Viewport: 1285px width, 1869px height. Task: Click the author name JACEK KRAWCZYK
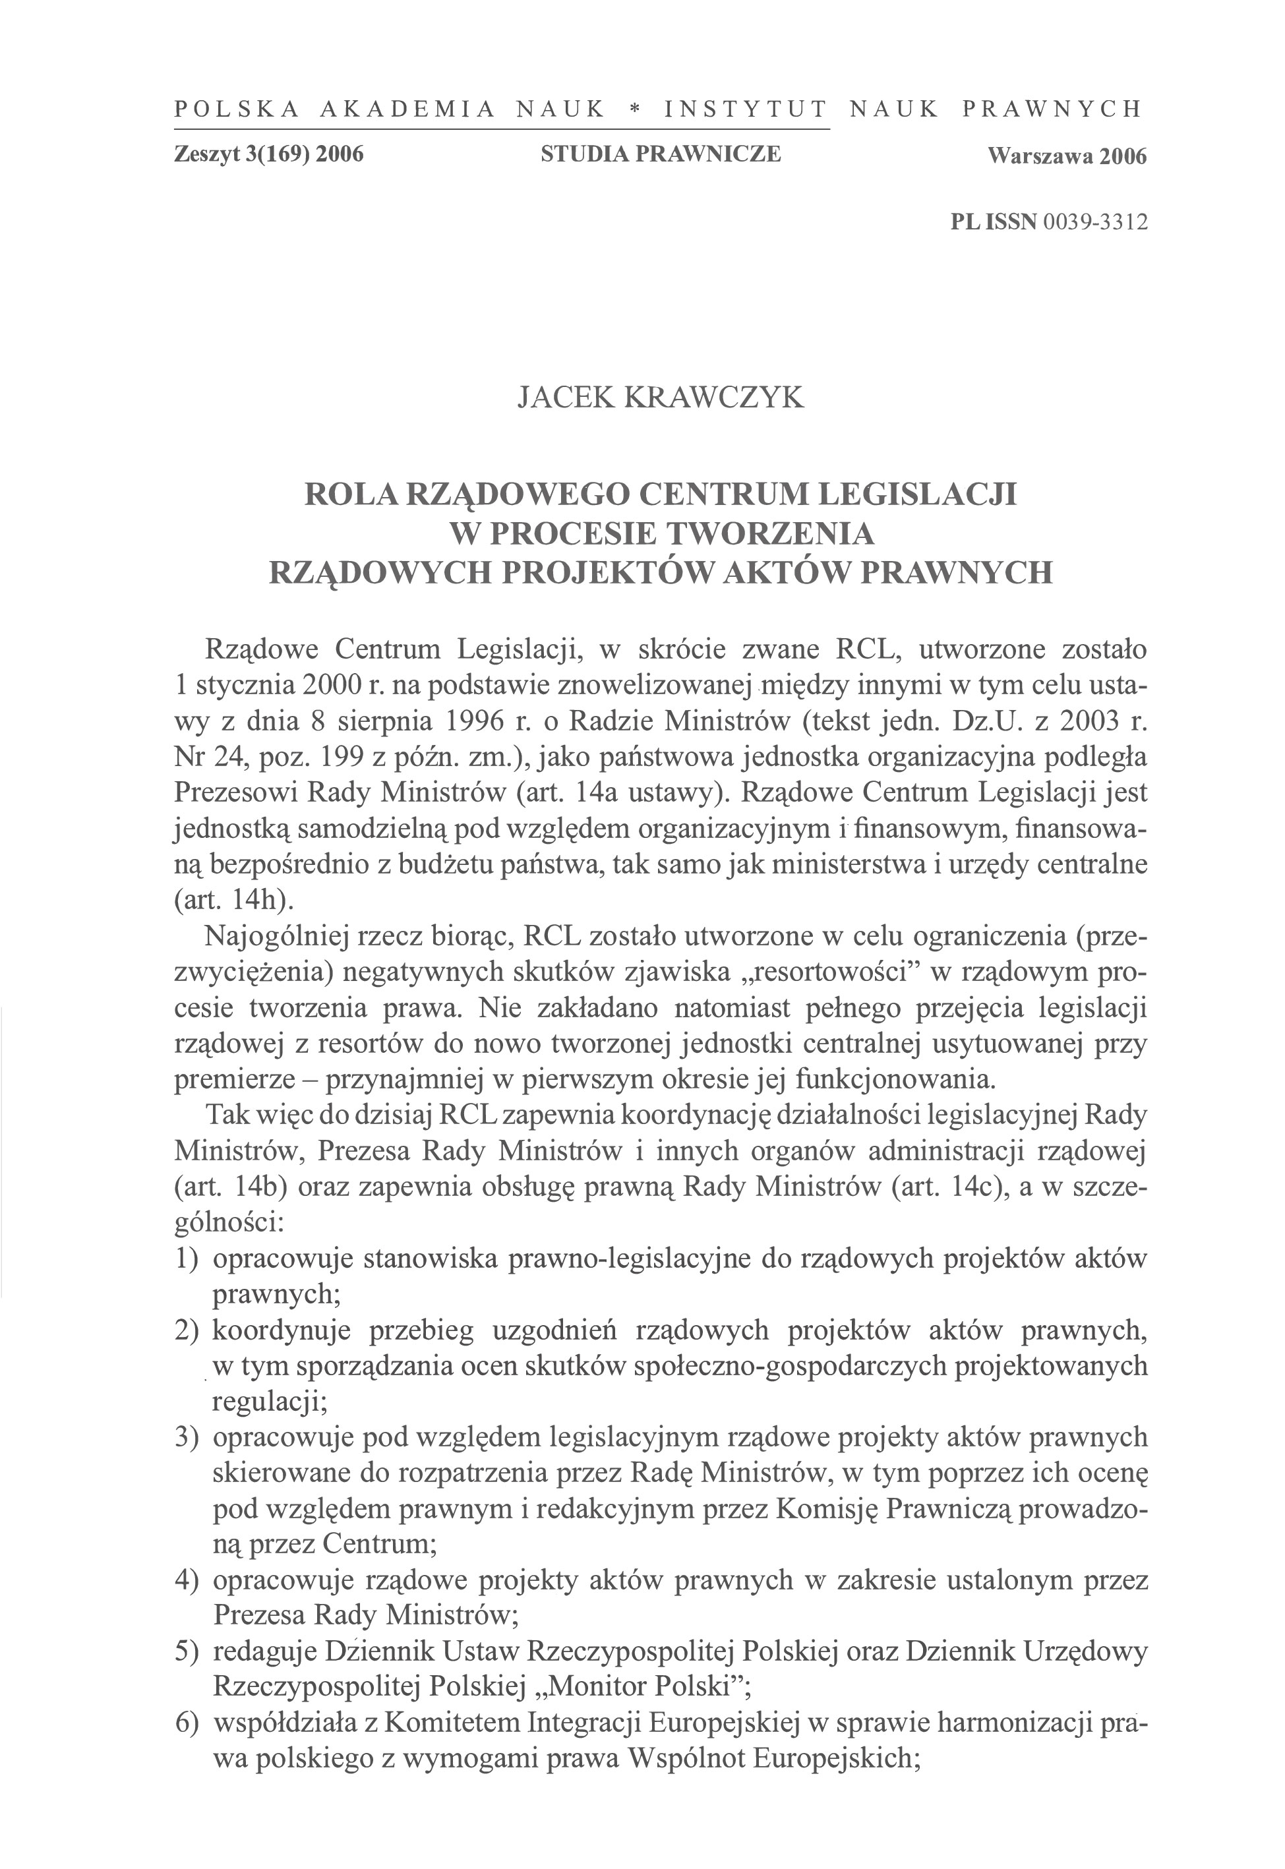coord(660,398)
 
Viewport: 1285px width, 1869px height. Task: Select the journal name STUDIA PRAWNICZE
coord(660,154)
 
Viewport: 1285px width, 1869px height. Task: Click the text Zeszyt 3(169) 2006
coord(269,154)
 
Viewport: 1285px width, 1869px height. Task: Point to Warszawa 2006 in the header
coord(1067,156)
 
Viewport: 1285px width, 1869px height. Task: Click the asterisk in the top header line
coord(634,109)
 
